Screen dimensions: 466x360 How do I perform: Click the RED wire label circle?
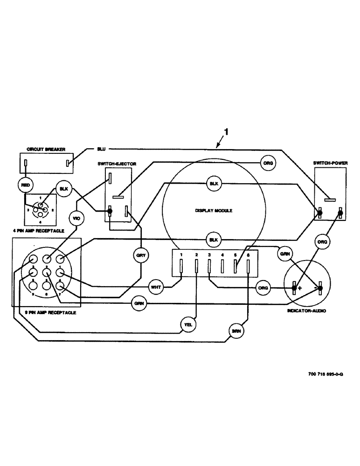(x=25, y=185)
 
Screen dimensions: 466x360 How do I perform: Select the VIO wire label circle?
(x=76, y=218)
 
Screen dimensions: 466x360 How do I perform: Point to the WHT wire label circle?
(x=155, y=287)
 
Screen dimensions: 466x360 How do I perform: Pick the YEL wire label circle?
(x=187, y=325)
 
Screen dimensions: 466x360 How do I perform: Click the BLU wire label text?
(x=101, y=149)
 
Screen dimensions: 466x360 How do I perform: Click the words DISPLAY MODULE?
(x=214, y=211)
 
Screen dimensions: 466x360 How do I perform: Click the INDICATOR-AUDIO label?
(x=306, y=309)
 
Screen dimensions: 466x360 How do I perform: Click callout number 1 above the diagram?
(x=226, y=133)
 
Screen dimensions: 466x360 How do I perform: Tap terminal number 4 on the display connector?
(x=222, y=255)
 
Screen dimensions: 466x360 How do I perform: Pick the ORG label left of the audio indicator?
(x=263, y=288)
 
